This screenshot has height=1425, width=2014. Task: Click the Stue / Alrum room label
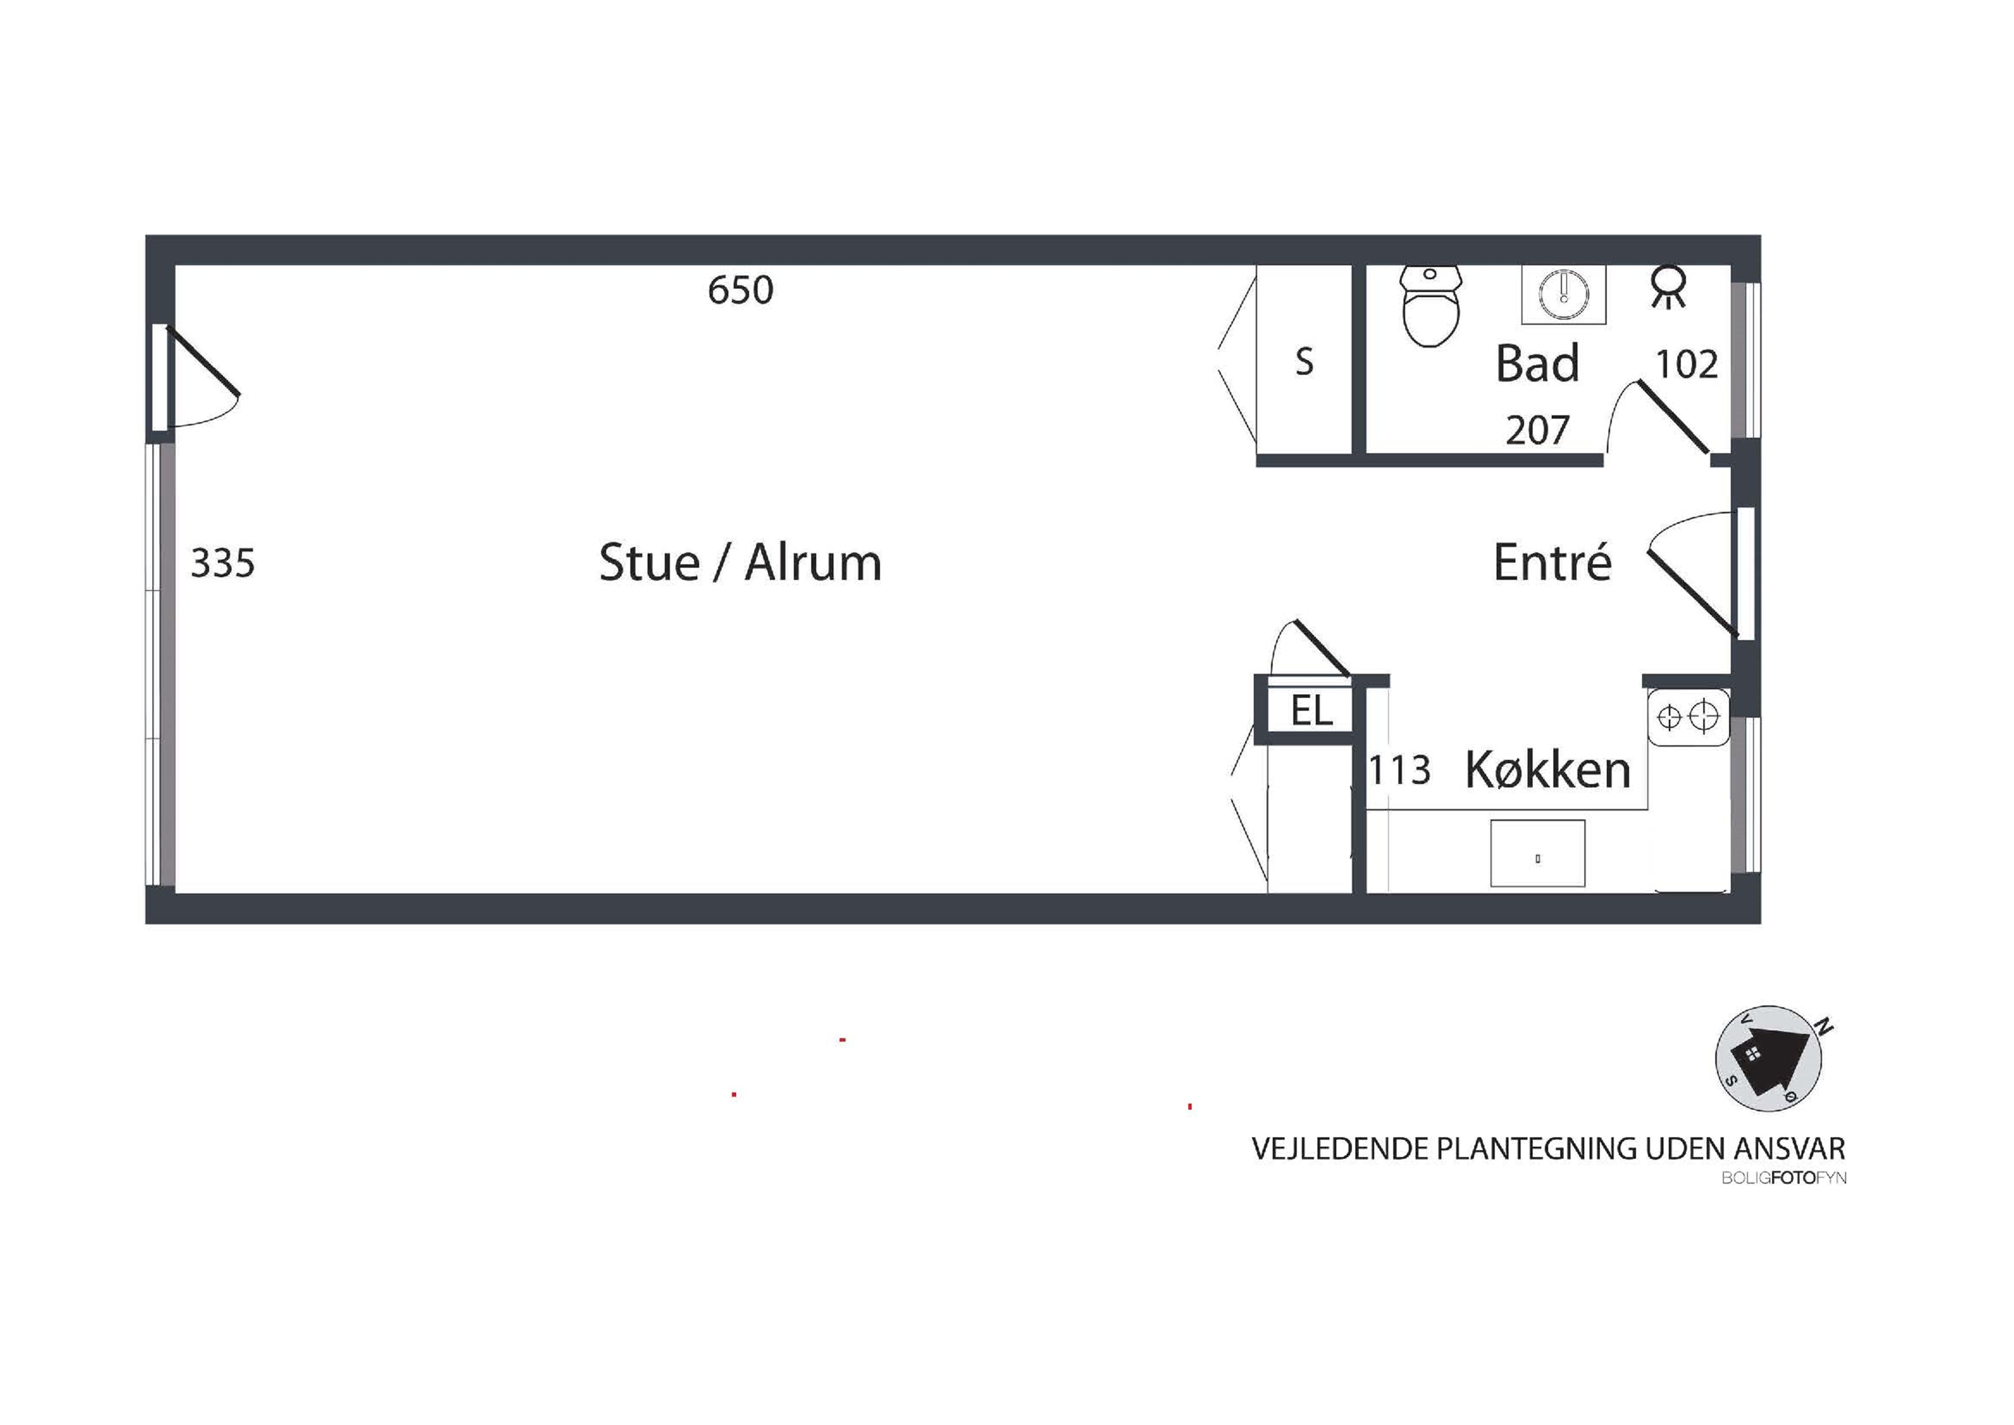(740, 562)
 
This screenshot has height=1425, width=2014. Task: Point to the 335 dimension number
(223, 563)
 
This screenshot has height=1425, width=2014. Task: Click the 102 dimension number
(1686, 364)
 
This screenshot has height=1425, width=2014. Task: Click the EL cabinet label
(1311, 711)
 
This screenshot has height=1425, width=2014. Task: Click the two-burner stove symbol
(1688, 718)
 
